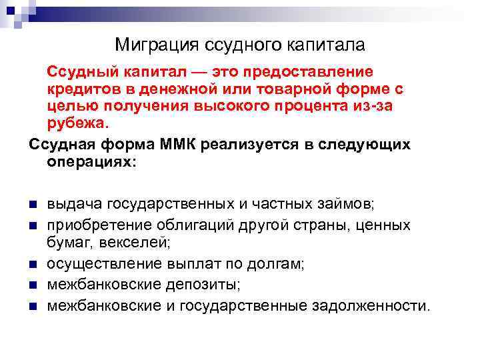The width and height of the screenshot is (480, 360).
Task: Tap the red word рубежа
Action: pyautogui.click(x=75, y=123)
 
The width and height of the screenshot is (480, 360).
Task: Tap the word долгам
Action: pyautogui.click(x=275, y=264)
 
